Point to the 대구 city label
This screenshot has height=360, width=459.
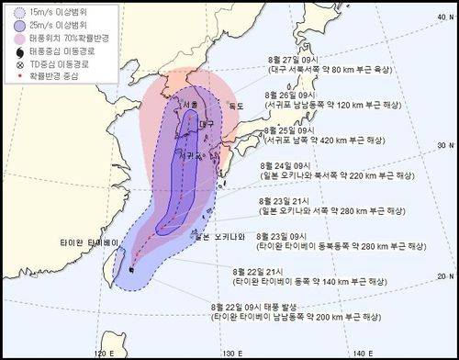(206, 123)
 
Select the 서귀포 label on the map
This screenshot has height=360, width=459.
(192, 156)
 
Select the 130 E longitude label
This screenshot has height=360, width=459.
(237, 352)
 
